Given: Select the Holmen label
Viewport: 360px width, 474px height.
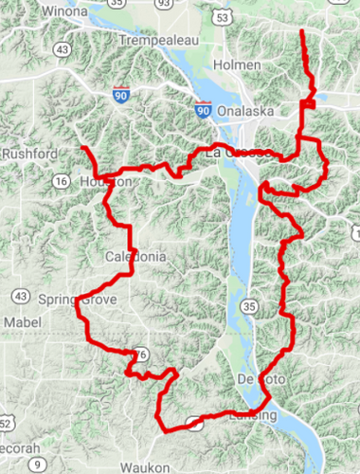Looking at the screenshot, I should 239,64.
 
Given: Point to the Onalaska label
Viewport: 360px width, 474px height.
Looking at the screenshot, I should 244,111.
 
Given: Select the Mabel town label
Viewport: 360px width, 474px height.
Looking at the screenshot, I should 23,322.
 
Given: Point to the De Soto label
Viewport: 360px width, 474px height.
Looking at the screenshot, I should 256,379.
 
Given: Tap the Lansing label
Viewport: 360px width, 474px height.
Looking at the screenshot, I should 254,416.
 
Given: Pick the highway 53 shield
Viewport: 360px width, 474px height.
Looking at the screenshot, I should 248,18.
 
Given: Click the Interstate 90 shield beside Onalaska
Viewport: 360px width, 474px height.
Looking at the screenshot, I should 204,110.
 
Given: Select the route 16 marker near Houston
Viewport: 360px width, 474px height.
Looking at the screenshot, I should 62,181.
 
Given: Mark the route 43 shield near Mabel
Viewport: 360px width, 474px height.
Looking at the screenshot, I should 20,297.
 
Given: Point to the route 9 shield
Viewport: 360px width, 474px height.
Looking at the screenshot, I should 36,465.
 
